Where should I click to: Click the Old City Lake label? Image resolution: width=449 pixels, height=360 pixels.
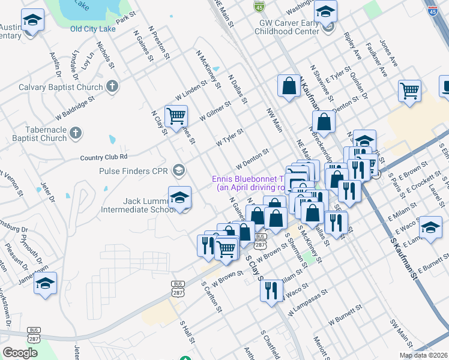92,28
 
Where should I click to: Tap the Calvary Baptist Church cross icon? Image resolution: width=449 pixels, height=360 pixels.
111,86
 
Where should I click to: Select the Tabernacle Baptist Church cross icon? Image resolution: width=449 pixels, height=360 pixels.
75,133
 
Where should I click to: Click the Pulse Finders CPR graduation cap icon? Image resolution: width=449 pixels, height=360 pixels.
178,171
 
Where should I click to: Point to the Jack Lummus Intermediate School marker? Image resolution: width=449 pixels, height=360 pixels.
179,197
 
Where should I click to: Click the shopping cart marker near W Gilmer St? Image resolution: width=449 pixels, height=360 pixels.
176,116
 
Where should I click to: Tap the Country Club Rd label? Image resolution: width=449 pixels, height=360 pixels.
104,157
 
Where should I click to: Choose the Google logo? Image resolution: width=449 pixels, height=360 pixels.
20,353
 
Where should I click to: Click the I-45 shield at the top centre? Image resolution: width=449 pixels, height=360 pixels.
259,6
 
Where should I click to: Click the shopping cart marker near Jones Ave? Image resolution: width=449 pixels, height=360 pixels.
409,91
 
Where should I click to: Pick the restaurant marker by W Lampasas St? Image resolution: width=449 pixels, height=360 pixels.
271,291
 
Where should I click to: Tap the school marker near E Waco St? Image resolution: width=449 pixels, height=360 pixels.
430,227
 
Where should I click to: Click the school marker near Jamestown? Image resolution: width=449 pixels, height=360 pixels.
45,283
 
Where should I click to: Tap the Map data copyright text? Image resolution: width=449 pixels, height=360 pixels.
423,355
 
